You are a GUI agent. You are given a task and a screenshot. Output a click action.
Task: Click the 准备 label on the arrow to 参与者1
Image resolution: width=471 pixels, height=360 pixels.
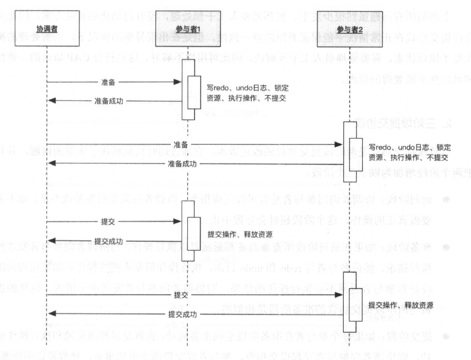[x=108, y=81]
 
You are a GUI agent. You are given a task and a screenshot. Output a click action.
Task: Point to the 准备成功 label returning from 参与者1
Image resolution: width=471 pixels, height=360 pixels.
[x=108, y=101]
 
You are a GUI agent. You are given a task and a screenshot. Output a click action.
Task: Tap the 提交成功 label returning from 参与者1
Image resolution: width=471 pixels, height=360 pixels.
[x=108, y=241]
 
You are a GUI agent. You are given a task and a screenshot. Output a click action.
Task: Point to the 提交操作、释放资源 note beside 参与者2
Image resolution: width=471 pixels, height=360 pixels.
[x=401, y=304]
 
